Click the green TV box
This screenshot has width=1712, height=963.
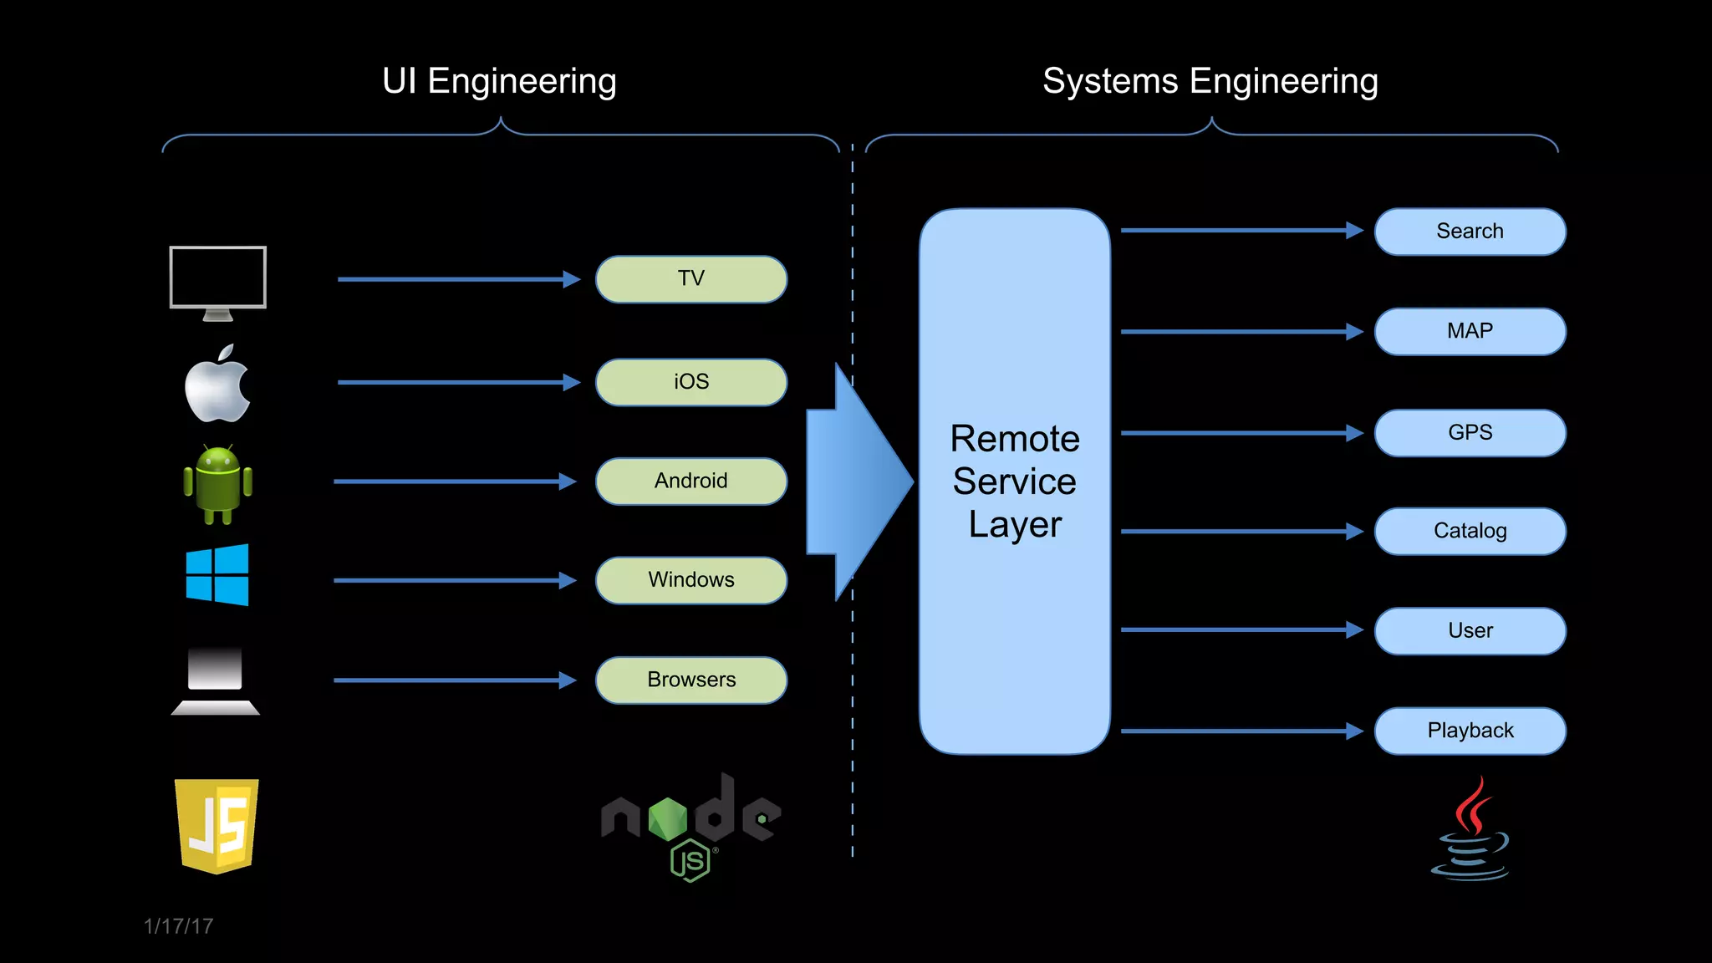pos(690,279)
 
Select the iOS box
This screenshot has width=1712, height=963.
pos(690,382)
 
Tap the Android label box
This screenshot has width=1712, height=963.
pos(690,481)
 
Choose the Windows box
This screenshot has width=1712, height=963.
pos(690,580)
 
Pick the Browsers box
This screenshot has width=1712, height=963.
pos(690,680)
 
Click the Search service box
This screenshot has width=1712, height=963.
pos(1470,232)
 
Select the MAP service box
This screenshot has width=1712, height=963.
pos(1470,331)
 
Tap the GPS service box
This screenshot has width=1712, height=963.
pos(1470,433)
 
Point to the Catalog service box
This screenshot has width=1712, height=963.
pos(1470,531)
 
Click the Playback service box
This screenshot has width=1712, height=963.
pos(1470,731)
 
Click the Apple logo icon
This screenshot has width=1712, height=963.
pos(217,385)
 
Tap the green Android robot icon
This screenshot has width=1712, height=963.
pos(217,484)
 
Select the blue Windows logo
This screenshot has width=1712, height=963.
pos(217,575)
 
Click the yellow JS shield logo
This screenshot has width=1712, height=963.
pos(217,825)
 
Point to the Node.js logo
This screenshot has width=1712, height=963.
pos(690,824)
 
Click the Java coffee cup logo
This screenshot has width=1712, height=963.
pos(1470,830)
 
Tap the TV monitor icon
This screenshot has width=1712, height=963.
pos(217,281)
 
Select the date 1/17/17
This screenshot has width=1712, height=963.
pos(178,926)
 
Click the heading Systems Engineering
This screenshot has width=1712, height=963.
pos(1210,82)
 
